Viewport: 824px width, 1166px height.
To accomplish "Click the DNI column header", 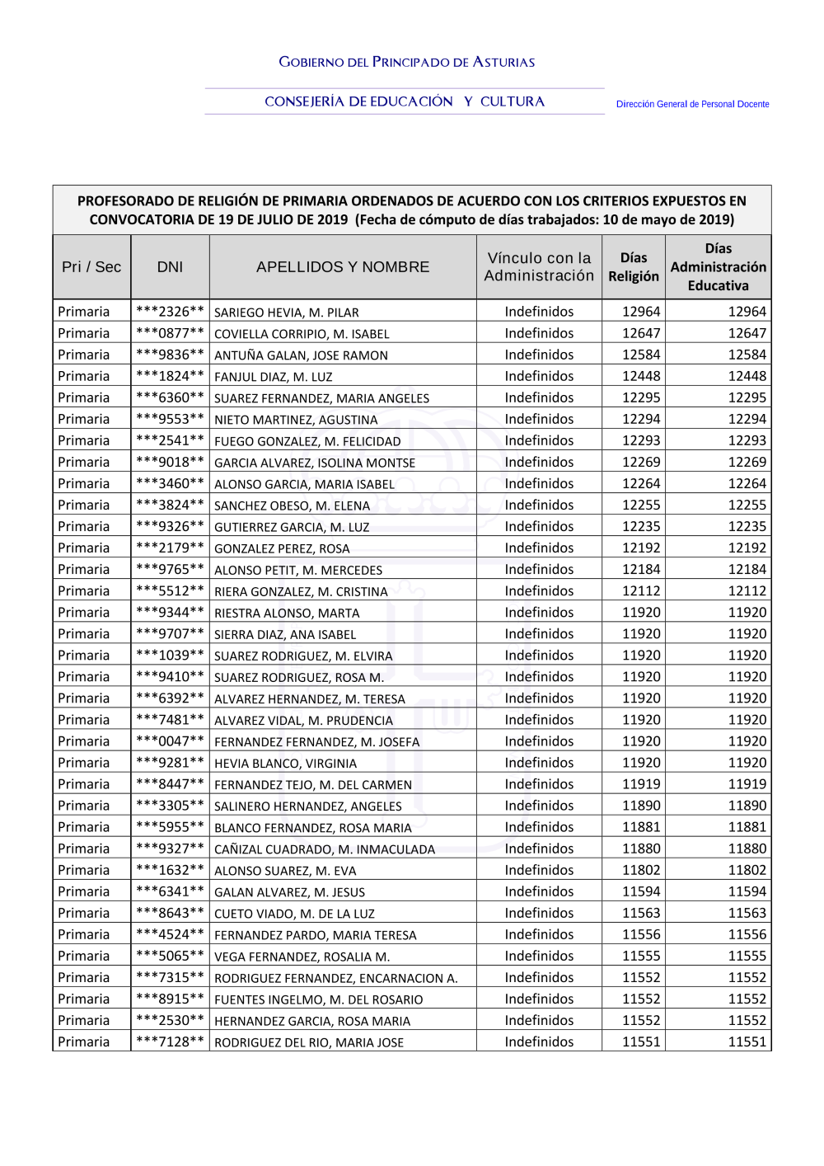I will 170,267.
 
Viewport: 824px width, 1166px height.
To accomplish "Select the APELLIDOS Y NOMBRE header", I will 343,267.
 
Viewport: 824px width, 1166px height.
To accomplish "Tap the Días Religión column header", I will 633,267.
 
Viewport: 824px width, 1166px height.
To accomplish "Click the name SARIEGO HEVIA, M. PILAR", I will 287,313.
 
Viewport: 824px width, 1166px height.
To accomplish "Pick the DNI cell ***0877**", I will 170,333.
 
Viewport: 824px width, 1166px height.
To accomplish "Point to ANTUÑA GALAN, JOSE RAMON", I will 301,355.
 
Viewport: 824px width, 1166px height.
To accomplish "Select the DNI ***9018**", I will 170,462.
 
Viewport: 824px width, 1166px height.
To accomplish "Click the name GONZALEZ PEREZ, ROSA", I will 282,548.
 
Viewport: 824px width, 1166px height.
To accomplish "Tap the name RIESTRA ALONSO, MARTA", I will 287,613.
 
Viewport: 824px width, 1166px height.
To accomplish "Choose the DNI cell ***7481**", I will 170,720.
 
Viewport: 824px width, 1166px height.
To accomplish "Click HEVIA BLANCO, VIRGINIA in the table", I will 285,764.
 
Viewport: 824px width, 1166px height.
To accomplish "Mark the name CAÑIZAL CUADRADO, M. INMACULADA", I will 325,849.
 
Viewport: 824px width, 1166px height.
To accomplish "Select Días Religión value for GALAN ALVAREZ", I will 641,891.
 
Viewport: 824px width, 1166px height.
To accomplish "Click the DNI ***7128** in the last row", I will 170,1041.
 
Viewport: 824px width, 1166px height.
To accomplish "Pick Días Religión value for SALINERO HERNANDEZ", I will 641,806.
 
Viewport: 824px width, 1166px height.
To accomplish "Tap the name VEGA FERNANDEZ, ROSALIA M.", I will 302,957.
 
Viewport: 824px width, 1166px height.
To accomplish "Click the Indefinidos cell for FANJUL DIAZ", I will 539,376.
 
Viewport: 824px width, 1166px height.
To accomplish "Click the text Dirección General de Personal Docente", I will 692,105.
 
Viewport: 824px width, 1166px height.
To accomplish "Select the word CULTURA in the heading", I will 513,101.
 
